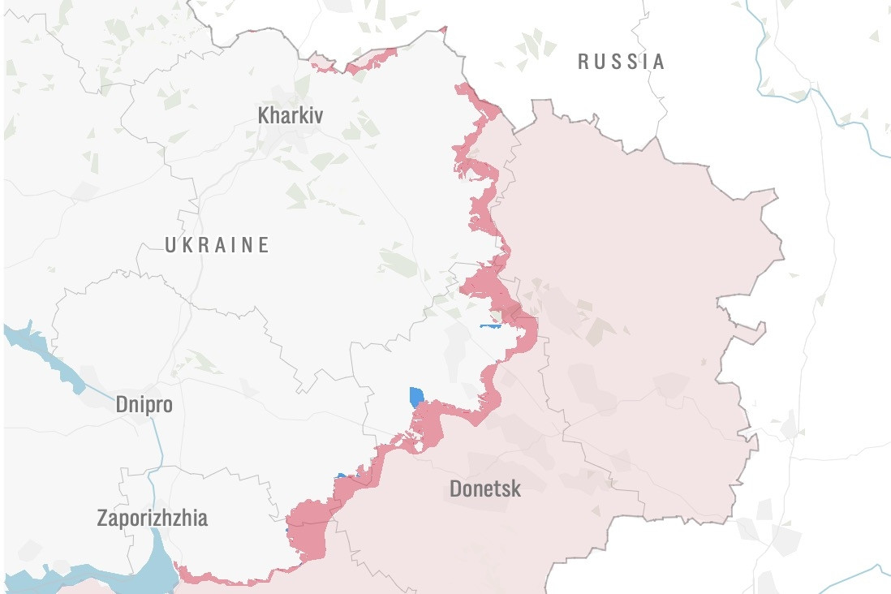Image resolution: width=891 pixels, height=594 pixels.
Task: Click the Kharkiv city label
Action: (x=290, y=115)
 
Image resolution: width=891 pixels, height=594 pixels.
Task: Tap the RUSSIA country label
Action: (x=621, y=61)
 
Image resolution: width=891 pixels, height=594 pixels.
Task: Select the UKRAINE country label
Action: (x=217, y=245)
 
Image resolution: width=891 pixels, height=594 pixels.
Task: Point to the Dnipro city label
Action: (x=144, y=404)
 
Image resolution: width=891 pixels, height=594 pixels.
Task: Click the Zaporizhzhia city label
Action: (x=152, y=518)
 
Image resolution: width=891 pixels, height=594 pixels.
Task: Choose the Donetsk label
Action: (x=485, y=489)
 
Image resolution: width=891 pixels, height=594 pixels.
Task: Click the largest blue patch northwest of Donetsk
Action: (x=416, y=397)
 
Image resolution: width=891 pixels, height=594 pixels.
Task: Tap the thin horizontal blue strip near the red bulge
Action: (x=491, y=326)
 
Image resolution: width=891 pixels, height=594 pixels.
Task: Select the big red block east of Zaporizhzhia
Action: (x=307, y=527)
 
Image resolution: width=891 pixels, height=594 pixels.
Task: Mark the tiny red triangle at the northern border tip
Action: (x=444, y=30)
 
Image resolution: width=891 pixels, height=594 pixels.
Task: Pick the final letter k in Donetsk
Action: (x=516, y=489)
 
